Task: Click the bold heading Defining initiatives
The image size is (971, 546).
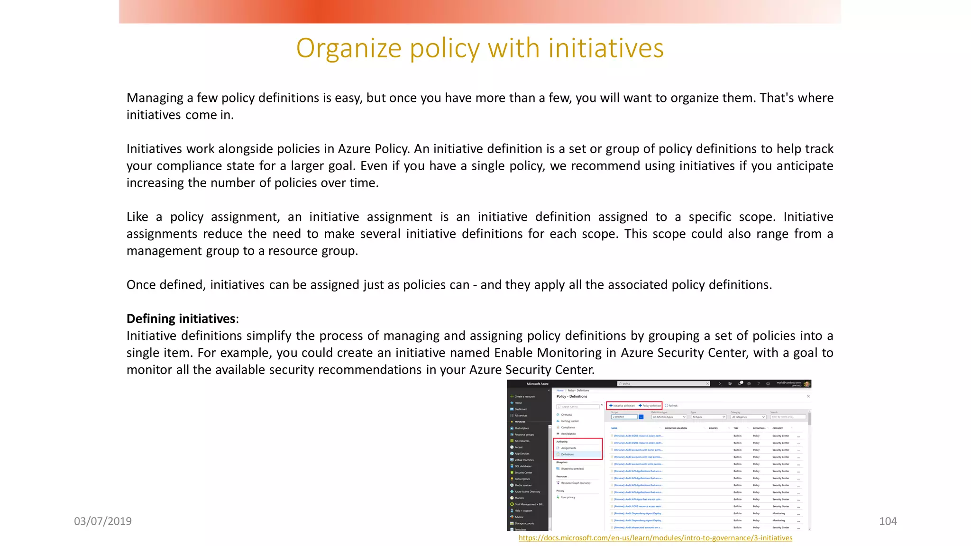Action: [x=181, y=318]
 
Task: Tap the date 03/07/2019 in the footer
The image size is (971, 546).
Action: [x=103, y=521]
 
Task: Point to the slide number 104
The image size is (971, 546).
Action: [x=888, y=521]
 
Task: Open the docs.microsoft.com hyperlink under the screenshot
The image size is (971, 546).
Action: [x=655, y=538]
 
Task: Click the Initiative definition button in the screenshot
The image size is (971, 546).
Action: [x=622, y=406]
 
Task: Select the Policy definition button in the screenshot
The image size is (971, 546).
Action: [x=650, y=406]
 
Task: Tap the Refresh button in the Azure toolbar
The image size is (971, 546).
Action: [x=671, y=406]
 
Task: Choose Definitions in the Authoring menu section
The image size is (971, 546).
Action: [x=568, y=455]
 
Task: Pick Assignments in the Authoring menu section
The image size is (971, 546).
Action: [x=568, y=448]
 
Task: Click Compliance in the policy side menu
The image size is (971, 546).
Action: [x=568, y=428]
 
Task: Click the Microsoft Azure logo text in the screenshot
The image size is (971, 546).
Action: [x=537, y=384]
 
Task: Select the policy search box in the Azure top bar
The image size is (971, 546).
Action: [x=663, y=384]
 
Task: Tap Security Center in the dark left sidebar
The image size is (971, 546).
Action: [x=523, y=473]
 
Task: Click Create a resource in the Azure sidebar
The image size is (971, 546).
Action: [x=524, y=397]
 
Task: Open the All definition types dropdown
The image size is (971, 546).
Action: [x=669, y=417]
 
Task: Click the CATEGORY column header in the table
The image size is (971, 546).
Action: [x=778, y=428]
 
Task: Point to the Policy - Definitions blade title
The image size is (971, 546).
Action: [x=571, y=397]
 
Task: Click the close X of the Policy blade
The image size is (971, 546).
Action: [x=808, y=396]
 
